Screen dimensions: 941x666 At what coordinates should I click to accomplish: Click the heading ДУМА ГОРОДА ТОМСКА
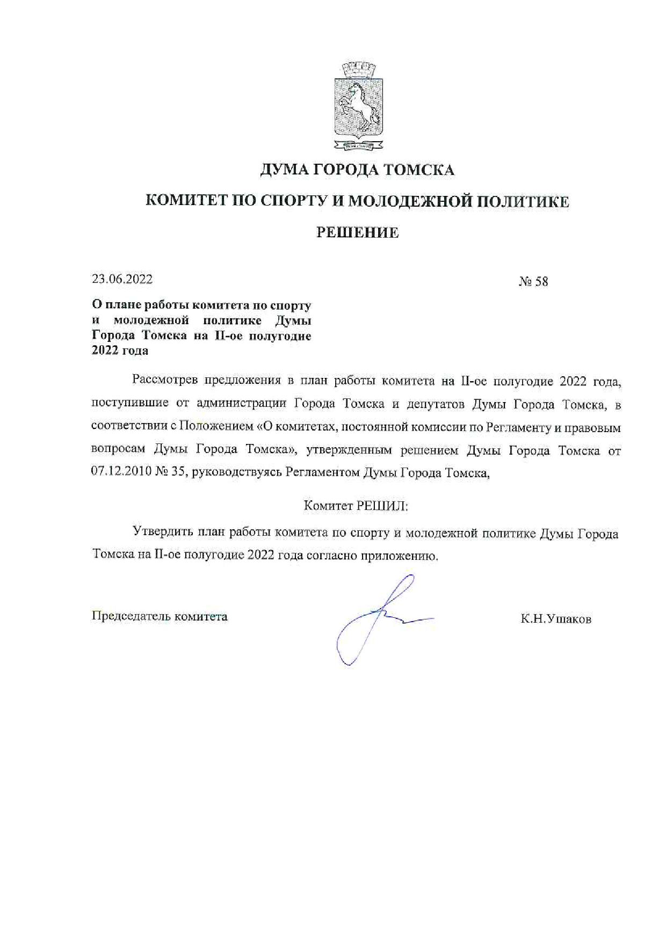pyautogui.click(x=357, y=170)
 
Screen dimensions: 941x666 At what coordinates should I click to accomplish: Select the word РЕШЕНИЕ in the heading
pyautogui.click(x=357, y=232)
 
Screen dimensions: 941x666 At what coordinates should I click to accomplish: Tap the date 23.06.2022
pyautogui.click(x=122, y=279)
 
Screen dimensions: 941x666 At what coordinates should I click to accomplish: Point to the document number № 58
pyautogui.click(x=533, y=282)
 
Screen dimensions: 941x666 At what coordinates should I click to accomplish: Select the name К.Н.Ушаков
pyautogui.click(x=556, y=619)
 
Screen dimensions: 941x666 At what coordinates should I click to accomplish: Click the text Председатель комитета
pyautogui.click(x=160, y=616)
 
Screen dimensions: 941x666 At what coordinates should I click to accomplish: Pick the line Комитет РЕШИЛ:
pyautogui.click(x=356, y=506)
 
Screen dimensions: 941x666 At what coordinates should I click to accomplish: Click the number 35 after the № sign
pyautogui.click(x=177, y=473)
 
